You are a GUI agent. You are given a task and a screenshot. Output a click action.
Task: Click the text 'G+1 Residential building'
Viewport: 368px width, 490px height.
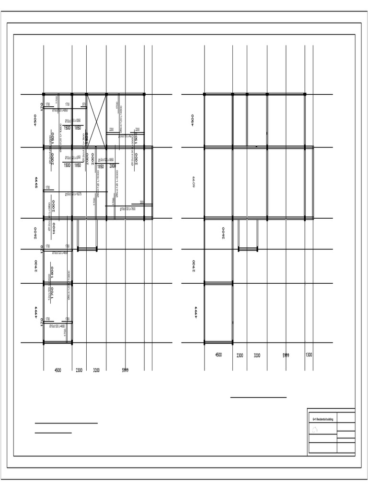[323, 419]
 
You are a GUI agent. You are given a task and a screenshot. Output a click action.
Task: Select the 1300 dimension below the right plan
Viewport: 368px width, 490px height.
[309, 355]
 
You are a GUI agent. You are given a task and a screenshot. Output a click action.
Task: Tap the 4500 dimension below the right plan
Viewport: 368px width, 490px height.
[218, 355]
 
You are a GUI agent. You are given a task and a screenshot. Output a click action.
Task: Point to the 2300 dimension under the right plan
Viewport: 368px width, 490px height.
[240, 356]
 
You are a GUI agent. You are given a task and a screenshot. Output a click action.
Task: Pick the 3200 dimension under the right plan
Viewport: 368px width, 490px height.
[257, 356]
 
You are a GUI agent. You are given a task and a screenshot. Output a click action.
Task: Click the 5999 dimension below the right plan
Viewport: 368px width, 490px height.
[286, 355]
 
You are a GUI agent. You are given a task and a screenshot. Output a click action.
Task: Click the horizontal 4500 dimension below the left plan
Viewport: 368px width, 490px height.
[58, 370]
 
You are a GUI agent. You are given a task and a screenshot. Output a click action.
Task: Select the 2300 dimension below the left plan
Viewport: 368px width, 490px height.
[79, 370]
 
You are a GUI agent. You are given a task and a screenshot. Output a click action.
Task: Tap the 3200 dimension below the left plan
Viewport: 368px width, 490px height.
[96, 370]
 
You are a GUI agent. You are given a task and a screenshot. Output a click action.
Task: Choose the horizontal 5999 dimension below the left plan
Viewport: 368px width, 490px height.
[125, 370]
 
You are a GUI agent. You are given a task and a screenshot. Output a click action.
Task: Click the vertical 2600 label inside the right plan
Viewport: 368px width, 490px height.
[223, 233]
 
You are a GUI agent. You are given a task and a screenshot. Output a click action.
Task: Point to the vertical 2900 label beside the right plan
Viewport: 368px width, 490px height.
[194, 266]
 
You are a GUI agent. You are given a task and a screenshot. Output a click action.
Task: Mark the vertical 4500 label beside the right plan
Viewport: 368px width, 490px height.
[193, 120]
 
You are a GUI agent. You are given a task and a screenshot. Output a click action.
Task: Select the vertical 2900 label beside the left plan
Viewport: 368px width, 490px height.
[36, 266]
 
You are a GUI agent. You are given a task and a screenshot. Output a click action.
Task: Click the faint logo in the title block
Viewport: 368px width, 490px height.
[315, 430]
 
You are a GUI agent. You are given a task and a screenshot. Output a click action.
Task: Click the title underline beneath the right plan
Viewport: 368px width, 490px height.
[258, 397]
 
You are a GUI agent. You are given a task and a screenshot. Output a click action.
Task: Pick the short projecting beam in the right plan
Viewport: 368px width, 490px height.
[248, 248]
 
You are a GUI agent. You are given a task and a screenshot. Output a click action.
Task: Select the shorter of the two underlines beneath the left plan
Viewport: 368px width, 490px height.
[53, 433]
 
